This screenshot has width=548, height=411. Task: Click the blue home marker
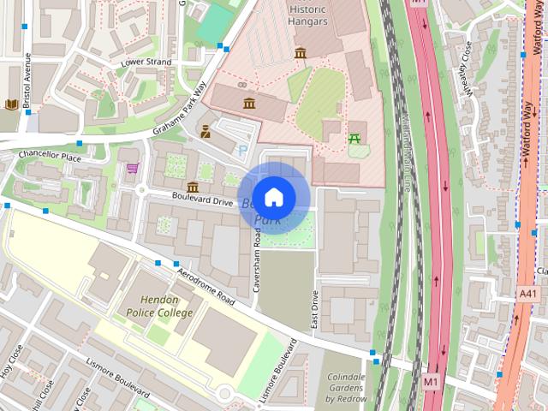pos(273,198)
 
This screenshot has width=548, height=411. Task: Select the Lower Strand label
pos(146,63)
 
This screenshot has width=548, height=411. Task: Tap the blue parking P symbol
pos(242,151)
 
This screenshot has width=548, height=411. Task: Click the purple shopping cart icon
pos(133,168)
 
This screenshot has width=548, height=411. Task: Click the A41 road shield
pos(529,294)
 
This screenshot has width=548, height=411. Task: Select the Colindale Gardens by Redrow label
pos(345,388)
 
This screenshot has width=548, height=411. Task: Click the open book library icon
pos(11,105)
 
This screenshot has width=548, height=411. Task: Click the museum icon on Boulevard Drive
pos(192,187)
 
